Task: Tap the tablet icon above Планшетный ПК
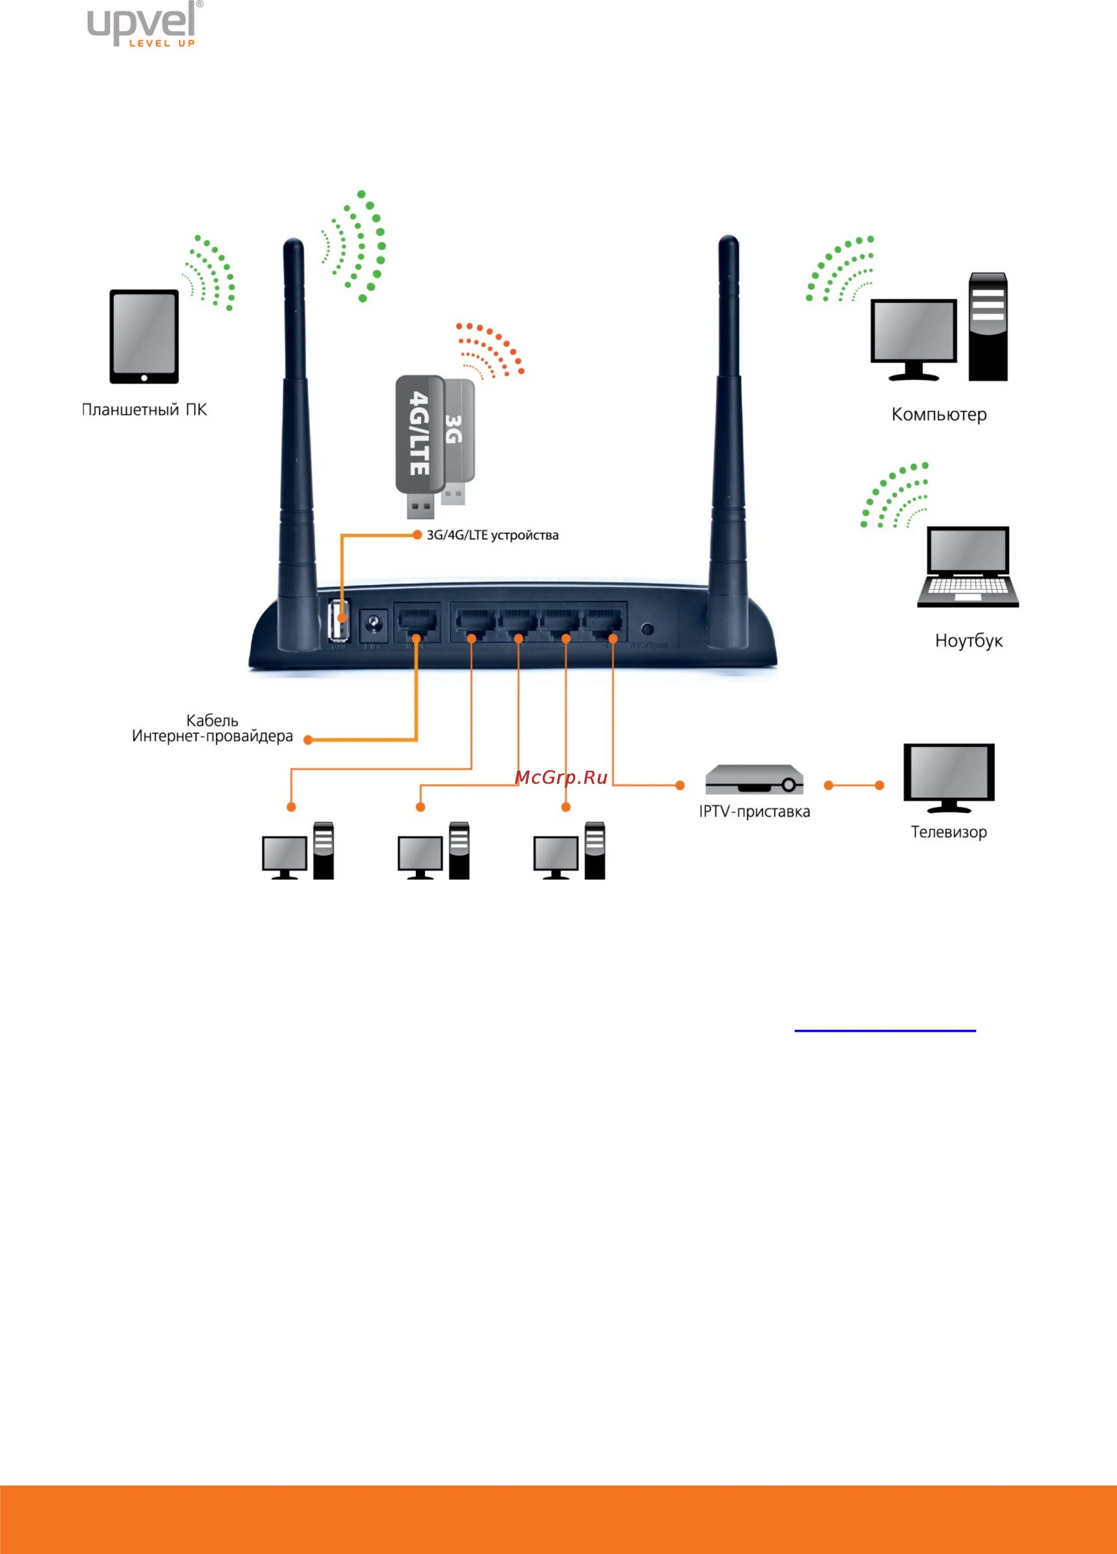pyautogui.click(x=144, y=336)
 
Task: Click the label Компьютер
pyautogui.click(x=938, y=414)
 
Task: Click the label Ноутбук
pyautogui.click(x=968, y=641)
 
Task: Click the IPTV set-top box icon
pyautogui.click(x=754, y=779)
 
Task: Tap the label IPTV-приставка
pyautogui.click(x=754, y=811)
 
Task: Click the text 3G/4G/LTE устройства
pyautogui.click(x=492, y=535)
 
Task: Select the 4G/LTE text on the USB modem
pyautogui.click(x=418, y=433)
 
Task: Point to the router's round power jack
pyautogui.click(x=374, y=624)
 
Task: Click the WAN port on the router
pyautogui.click(x=416, y=622)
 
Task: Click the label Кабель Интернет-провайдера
pyautogui.click(x=212, y=728)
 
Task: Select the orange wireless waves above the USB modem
pyautogui.click(x=490, y=350)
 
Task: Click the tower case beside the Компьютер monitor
pyautogui.click(x=988, y=327)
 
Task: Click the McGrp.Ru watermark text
pyautogui.click(x=561, y=777)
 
